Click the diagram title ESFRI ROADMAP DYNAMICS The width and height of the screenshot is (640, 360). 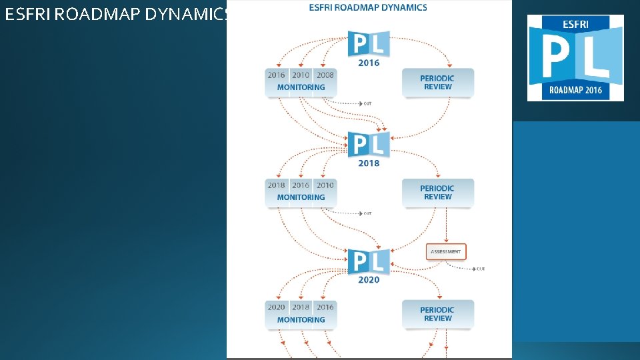coord(369,8)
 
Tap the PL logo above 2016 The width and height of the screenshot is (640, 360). coord(369,44)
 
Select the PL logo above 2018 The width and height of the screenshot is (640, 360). coord(369,145)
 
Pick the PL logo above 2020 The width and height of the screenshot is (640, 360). coord(369,261)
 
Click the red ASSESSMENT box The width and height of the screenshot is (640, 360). coord(446,252)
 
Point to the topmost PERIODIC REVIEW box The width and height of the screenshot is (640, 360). coord(437,83)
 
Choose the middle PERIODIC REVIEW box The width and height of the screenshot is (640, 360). coord(437,193)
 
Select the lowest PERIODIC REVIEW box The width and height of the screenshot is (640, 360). coord(437,314)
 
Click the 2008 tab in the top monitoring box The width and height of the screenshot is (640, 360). coord(325,75)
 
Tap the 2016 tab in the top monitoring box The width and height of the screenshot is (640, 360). coord(277,75)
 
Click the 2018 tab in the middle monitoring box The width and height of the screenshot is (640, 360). coord(277,185)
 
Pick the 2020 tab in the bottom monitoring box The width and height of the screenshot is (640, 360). coord(277,307)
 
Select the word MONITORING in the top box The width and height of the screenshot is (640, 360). coord(301,87)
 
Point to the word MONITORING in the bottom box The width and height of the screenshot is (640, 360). coord(301,320)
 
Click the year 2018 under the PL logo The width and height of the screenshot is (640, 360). coord(369,163)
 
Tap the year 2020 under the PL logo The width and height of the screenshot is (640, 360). coord(369,280)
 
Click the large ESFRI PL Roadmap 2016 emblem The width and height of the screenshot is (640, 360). coord(575,57)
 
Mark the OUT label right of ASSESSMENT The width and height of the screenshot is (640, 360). coord(481,269)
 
